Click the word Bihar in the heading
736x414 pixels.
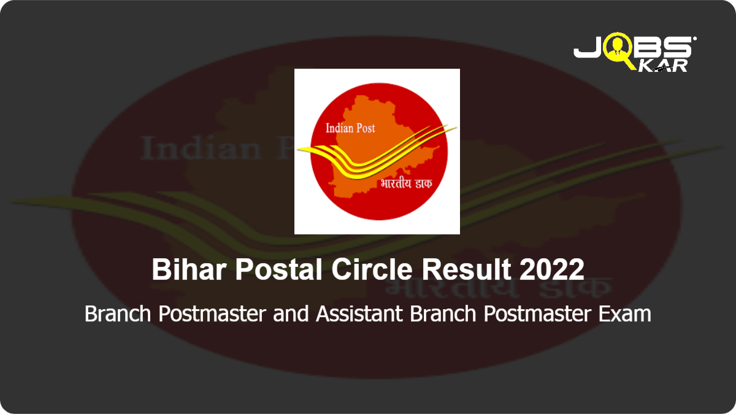[189, 269]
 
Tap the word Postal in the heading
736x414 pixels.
[278, 269]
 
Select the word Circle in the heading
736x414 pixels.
[372, 269]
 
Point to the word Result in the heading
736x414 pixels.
[466, 269]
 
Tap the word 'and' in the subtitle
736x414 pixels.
[291, 314]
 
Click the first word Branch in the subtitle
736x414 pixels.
[118, 314]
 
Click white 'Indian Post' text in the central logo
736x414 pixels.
[350, 128]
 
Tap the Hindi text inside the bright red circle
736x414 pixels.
[406, 183]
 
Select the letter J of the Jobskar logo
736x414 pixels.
[588, 47]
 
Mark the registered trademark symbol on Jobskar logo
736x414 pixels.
[694, 39]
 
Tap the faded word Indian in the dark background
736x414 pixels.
[201, 148]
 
